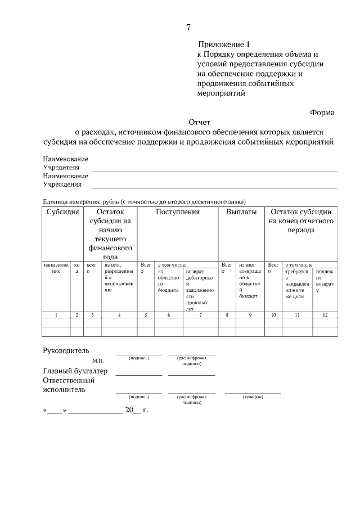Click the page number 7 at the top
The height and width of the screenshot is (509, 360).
pyautogui.click(x=189, y=27)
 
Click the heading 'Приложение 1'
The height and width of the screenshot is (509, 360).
pyautogui.click(x=223, y=44)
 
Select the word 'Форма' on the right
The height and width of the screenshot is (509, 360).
pyautogui.click(x=322, y=112)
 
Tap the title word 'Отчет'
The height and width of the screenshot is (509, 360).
pyautogui.click(x=199, y=122)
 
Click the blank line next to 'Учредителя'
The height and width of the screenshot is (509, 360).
pyautogui.click(x=214, y=169)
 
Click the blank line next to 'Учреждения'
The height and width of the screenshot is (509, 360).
pyautogui.click(x=214, y=186)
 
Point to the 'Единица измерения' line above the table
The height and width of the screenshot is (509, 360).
pyautogui.click(x=145, y=201)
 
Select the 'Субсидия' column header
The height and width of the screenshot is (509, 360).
pyautogui.click(x=62, y=213)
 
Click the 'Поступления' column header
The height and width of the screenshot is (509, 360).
pyautogui.click(x=178, y=213)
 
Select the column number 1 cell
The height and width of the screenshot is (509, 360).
pyautogui.click(x=56, y=315)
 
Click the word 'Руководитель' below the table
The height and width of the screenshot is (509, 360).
pyautogui.click(x=66, y=351)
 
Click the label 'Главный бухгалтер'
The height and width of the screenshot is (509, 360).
pyautogui.click(x=75, y=371)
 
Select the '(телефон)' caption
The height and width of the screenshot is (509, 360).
pyautogui.click(x=253, y=397)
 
